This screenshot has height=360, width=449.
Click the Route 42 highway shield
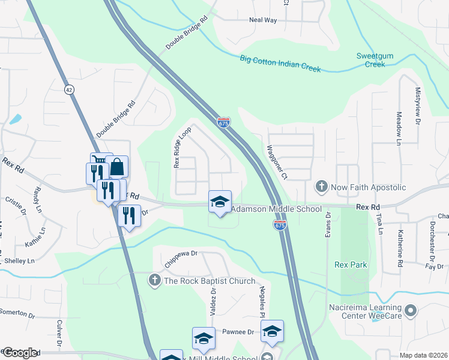point(70,89)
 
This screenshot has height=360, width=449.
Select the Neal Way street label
point(263,20)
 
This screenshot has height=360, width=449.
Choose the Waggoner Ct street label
point(277,163)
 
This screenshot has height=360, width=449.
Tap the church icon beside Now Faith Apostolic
point(322,187)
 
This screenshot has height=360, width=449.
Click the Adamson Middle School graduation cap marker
point(220,201)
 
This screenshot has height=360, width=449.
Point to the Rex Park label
point(351,265)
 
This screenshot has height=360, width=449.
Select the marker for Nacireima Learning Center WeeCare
point(411,310)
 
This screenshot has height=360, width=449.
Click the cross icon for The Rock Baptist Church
point(155,280)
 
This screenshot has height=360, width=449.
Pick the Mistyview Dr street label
point(418,107)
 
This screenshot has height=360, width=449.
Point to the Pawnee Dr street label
point(239,332)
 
